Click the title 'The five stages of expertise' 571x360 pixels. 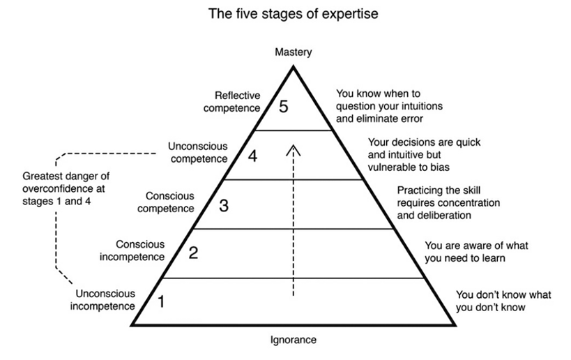click(x=294, y=15)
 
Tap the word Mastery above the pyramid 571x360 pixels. click(x=294, y=52)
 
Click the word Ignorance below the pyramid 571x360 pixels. click(x=293, y=340)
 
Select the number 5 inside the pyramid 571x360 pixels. click(x=282, y=107)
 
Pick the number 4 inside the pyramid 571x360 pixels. click(x=252, y=156)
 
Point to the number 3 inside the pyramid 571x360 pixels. click(x=223, y=205)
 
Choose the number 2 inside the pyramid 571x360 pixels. click(x=194, y=253)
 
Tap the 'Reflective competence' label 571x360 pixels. click(x=237, y=102)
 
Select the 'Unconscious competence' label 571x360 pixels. click(x=198, y=152)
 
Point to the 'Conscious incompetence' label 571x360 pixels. click(x=140, y=250)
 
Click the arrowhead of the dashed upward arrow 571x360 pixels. click(x=294, y=149)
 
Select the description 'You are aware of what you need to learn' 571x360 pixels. click(x=465, y=252)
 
